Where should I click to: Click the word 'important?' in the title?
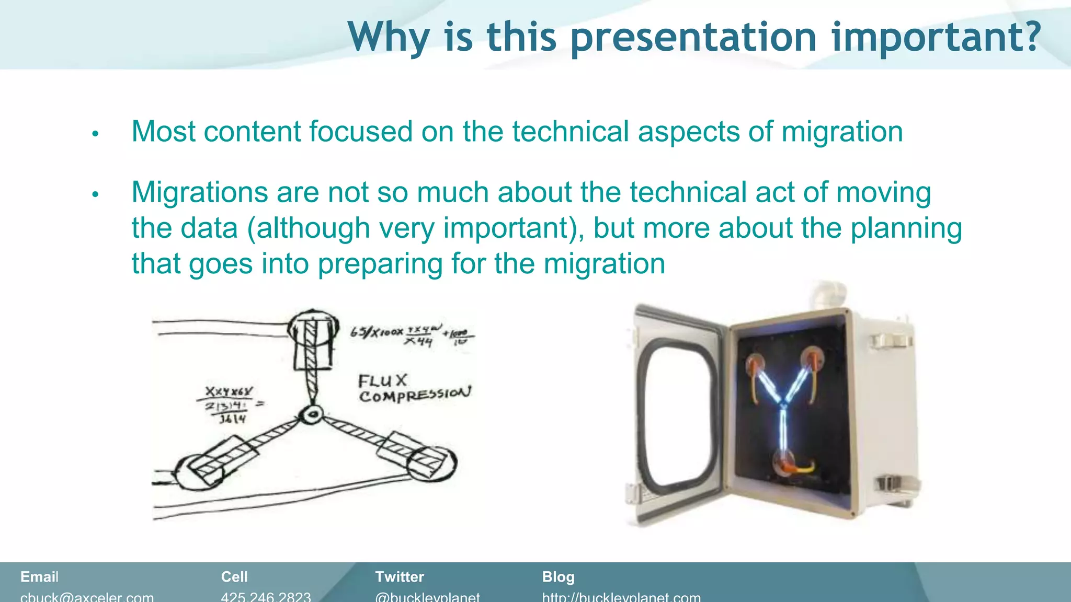pyautogui.click(x=936, y=38)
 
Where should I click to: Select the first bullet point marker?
pyautogui.click(x=95, y=134)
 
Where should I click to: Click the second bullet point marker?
pyautogui.click(x=95, y=195)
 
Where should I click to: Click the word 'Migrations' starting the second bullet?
pyautogui.click(x=199, y=192)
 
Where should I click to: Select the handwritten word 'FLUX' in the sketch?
pyautogui.click(x=382, y=380)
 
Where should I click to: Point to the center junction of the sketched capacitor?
pyautogui.click(x=313, y=415)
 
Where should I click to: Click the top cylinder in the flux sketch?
pyautogui.click(x=312, y=340)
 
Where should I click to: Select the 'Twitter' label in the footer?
pyautogui.click(x=400, y=577)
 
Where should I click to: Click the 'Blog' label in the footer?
pyautogui.click(x=558, y=577)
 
